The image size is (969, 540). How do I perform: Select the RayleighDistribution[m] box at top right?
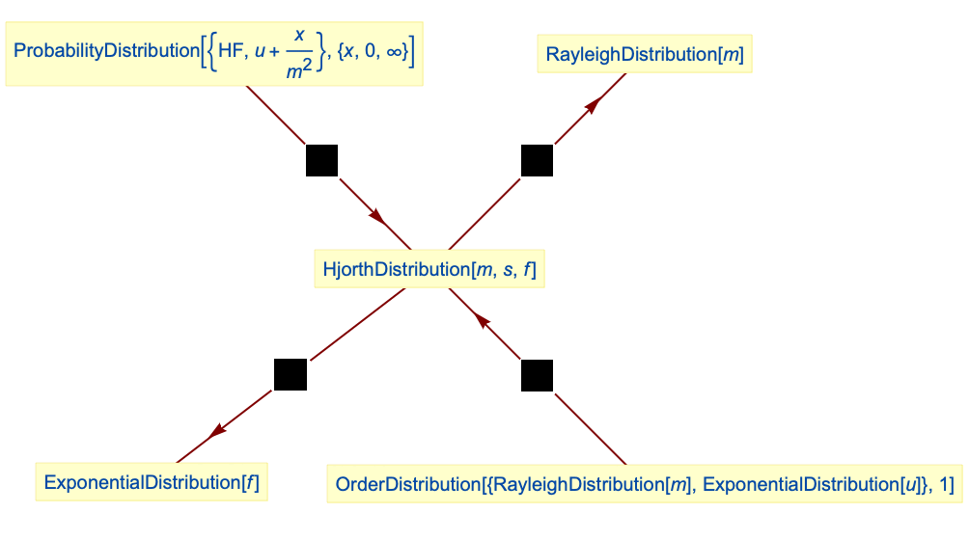(645, 54)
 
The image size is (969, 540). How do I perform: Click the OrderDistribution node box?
(644, 484)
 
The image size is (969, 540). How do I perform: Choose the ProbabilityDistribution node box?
(214, 50)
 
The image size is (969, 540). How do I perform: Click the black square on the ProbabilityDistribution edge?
(322, 160)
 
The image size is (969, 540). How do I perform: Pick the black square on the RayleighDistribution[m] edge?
(537, 160)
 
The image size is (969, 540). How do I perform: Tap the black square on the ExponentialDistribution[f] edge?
(291, 374)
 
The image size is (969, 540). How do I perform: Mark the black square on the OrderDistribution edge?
(538, 375)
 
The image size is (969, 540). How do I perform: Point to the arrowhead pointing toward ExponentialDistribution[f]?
(218, 430)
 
